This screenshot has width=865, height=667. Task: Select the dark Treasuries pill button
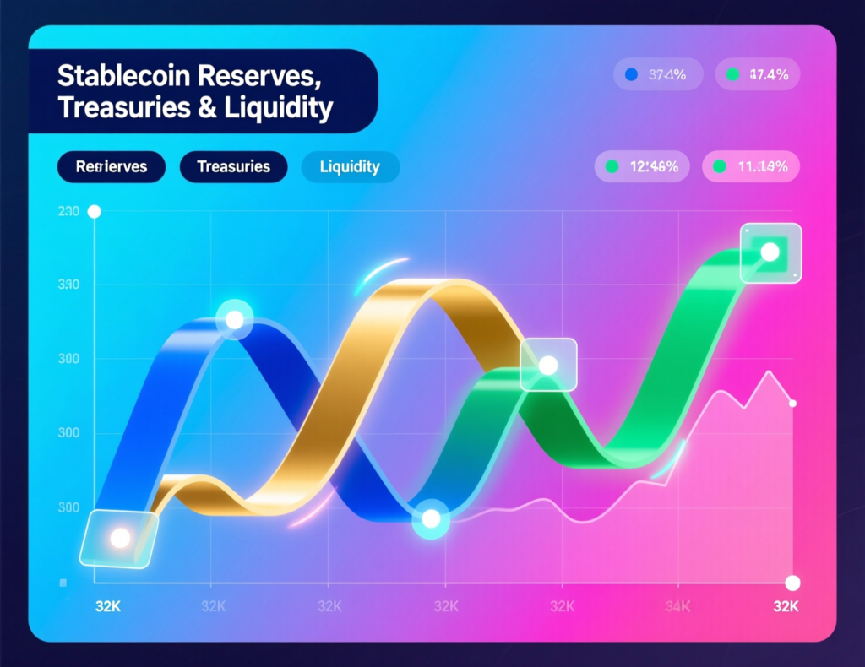point(233,166)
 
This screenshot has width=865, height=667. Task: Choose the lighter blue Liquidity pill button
point(350,166)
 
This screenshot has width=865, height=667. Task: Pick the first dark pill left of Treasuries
point(112,166)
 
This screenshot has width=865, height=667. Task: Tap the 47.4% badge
point(758,75)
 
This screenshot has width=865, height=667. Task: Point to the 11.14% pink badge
point(751,167)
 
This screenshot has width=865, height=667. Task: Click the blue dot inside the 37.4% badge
point(629,75)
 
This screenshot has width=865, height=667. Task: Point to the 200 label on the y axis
point(68,211)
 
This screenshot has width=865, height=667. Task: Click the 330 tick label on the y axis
point(68,285)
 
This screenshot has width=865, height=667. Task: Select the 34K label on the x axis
point(677,606)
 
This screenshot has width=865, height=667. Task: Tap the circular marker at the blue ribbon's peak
point(234,319)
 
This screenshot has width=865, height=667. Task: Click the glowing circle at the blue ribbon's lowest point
point(432,520)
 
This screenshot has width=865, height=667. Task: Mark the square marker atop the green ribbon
point(770,252)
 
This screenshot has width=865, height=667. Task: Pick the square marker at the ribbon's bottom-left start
point(119,537)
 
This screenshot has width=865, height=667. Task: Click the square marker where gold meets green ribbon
point(548,365)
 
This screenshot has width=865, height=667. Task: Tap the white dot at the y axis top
point(95,211)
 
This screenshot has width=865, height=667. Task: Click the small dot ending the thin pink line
point(792,404)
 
